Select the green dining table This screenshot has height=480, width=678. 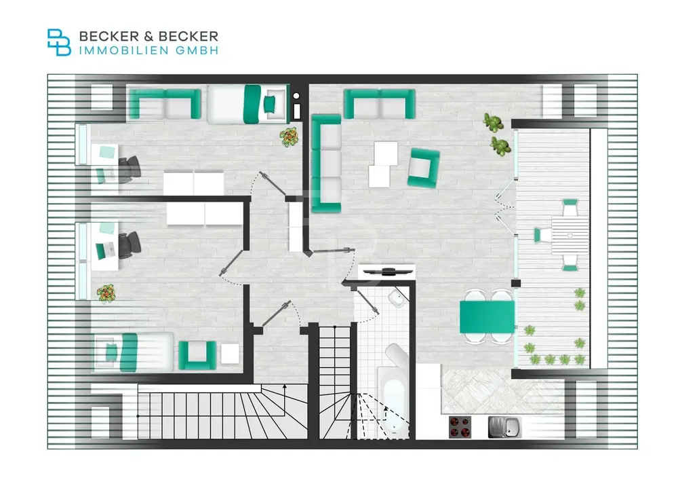tap(487, 316)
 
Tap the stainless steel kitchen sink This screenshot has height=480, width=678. tap(505, 426)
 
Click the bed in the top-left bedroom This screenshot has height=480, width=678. tap(246, 104)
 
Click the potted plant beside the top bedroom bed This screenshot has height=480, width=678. tap(290, 136)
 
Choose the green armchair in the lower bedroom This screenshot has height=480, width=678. tap(197, 354)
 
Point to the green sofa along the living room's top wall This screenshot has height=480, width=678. tap(379, 104)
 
